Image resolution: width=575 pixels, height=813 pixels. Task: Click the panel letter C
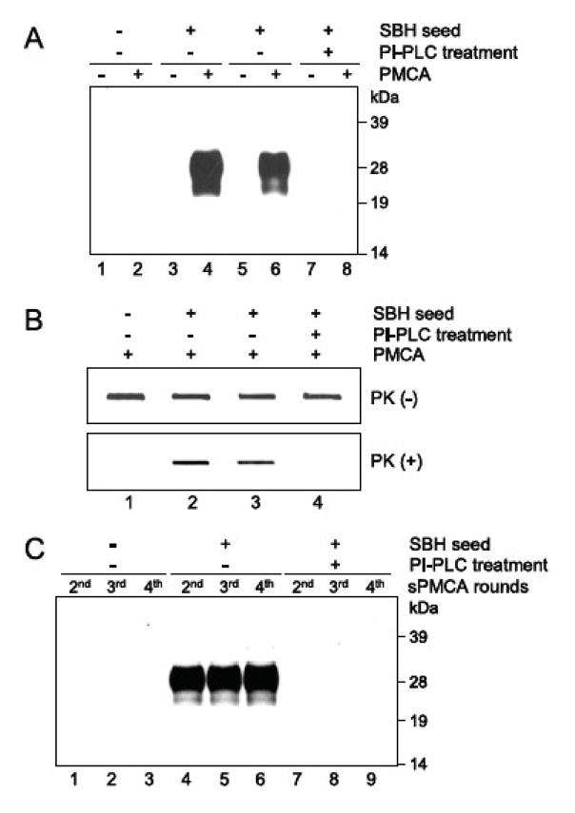33,551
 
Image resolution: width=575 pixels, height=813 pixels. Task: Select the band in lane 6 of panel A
273,171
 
